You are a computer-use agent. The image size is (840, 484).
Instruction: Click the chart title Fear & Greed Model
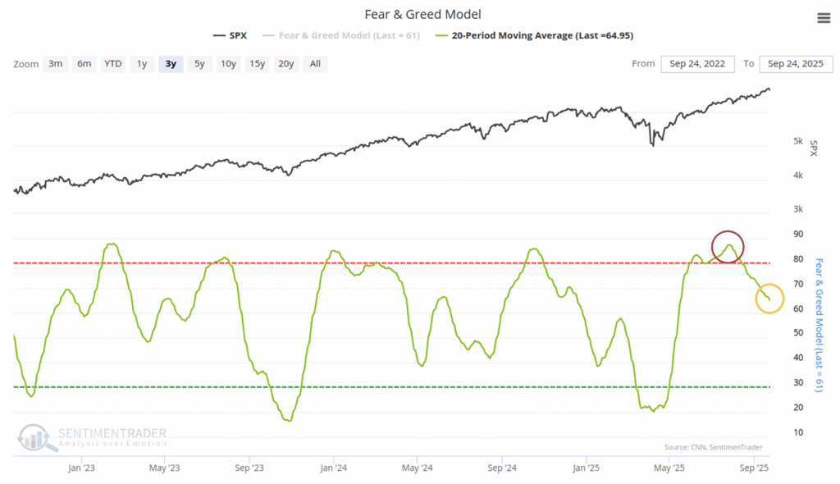(423, 15)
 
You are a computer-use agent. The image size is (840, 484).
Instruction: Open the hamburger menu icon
(823, 18)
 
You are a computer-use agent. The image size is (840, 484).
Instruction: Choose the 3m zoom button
(56, 64)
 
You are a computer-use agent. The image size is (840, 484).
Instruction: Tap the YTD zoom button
(112, 64)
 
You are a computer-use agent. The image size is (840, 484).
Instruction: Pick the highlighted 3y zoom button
(171, 64)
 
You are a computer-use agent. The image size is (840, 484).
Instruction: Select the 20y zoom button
(285, 64)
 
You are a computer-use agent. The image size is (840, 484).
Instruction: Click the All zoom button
(315, 64)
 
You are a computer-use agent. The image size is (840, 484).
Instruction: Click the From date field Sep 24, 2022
(697, 64)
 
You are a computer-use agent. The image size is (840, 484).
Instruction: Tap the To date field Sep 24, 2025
(796, 64)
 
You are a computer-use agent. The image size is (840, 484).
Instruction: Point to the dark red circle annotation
(728, 246)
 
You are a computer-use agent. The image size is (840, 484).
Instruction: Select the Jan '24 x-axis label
(333, 468)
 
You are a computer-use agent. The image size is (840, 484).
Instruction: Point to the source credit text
(714, 447)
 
